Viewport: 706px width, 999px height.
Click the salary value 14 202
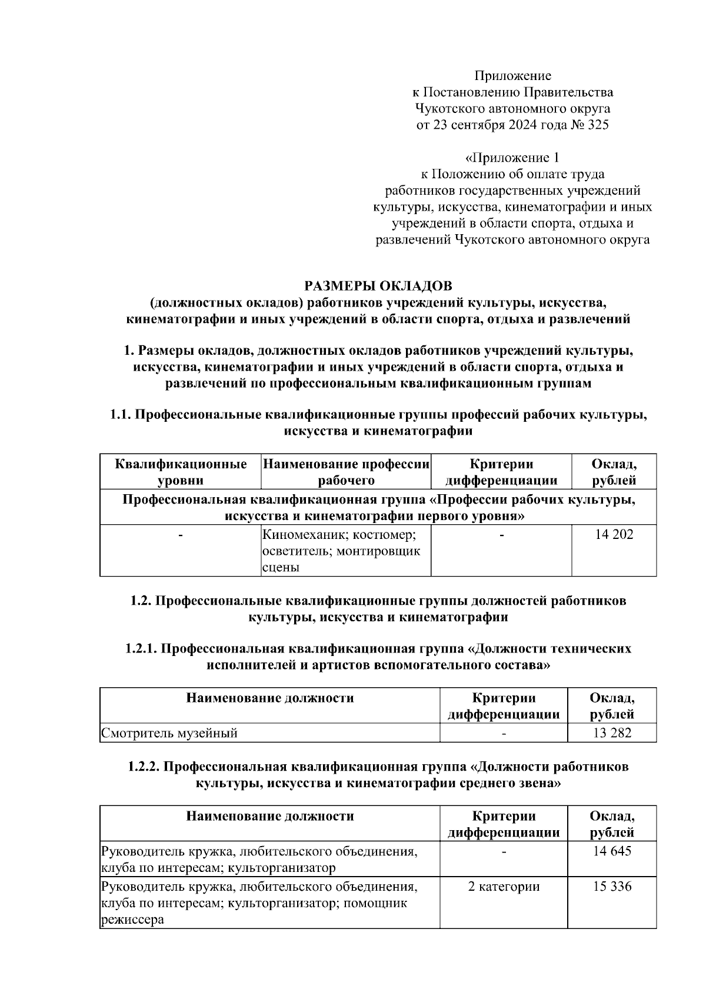614,534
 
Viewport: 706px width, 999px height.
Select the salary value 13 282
612,733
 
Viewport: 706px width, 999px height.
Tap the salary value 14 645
612,851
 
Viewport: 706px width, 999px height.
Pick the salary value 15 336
612,886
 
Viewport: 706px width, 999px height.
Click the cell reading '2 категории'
504,886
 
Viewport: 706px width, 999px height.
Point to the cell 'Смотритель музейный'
169,733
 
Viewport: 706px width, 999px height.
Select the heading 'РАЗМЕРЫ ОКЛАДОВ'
378,286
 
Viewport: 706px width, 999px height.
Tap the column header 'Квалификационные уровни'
181,472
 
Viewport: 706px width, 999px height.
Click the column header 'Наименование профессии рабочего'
347,472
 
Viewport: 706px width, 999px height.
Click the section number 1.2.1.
141,648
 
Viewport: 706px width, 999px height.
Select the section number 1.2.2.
144,767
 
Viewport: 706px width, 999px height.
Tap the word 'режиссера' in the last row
131,920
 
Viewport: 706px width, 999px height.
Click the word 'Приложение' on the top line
512,75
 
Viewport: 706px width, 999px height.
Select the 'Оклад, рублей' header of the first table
614,472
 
